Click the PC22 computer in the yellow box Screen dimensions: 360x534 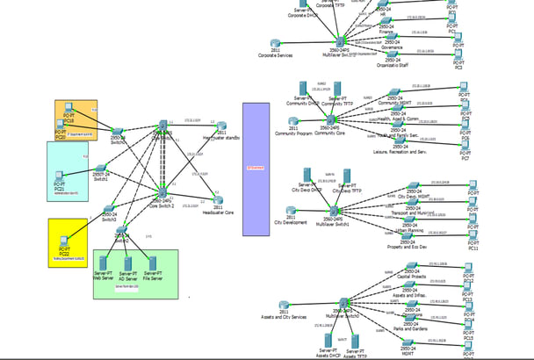coord(59,234)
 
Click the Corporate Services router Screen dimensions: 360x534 coord(276,44)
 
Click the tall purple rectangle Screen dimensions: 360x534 coord(256,169)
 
